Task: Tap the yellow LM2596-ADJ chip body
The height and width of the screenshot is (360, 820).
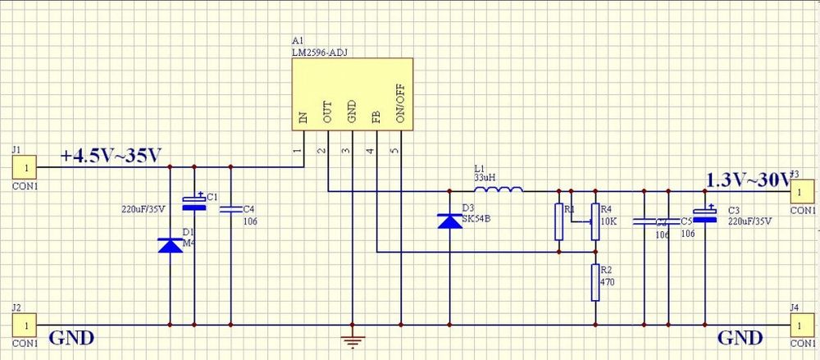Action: pos(353,92)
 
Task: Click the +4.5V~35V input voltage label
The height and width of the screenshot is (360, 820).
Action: pos(111,155)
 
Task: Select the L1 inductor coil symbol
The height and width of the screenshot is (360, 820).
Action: pos(499,192)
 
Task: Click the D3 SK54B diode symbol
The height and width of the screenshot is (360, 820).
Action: pos(449,221)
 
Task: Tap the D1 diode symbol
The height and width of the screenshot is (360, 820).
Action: pos(170,244)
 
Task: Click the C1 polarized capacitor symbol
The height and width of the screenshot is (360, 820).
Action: pos(194,202)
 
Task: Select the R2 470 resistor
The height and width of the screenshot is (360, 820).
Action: pos(596,283)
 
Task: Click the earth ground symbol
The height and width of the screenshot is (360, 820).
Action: pos(353,342)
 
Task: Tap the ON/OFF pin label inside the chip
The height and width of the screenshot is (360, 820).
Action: pos(401,107)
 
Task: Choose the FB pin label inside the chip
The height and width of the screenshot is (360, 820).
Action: pos(376,116)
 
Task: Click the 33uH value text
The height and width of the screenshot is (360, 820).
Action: pos(485,177)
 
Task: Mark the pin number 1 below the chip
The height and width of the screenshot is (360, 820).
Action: pos(297,151)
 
